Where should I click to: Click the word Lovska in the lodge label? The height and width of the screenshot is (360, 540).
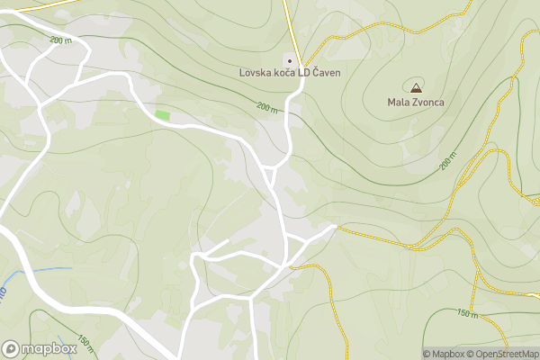256,73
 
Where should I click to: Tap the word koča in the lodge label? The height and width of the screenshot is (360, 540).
289,73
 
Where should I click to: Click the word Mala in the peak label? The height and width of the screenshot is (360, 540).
399,103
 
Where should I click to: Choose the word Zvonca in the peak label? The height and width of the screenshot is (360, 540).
428,103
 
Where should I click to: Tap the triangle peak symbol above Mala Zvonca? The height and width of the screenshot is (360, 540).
416,88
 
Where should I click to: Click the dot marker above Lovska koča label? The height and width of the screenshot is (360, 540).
290,59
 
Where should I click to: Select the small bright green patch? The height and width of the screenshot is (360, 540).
162,115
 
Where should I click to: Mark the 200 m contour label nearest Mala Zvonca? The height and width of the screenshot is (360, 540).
447,163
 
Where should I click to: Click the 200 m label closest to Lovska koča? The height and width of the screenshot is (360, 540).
267,107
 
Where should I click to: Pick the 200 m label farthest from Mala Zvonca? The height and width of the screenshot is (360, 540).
61,40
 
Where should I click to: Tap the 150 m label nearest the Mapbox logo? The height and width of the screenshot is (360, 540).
85,343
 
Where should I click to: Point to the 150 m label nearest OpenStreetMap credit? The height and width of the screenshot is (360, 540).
467,313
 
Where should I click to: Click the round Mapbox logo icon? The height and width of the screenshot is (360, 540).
12,349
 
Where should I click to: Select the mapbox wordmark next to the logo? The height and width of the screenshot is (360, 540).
49,349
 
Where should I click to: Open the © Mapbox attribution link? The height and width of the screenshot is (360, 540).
445,354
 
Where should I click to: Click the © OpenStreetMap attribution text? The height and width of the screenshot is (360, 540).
504,354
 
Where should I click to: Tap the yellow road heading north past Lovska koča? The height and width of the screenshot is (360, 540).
287,27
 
